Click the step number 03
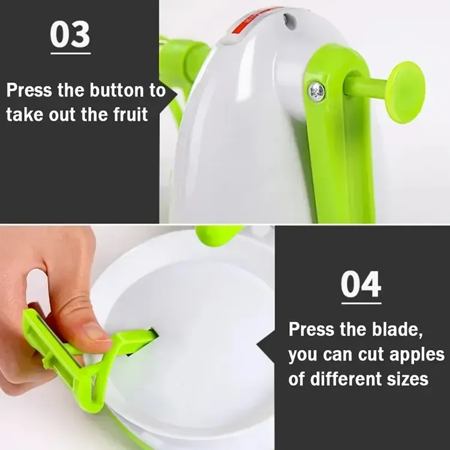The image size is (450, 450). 70,35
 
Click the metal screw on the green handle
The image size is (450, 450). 316,91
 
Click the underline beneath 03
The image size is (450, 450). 70,53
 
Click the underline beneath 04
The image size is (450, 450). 361,303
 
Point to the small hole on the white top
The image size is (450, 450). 291,22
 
